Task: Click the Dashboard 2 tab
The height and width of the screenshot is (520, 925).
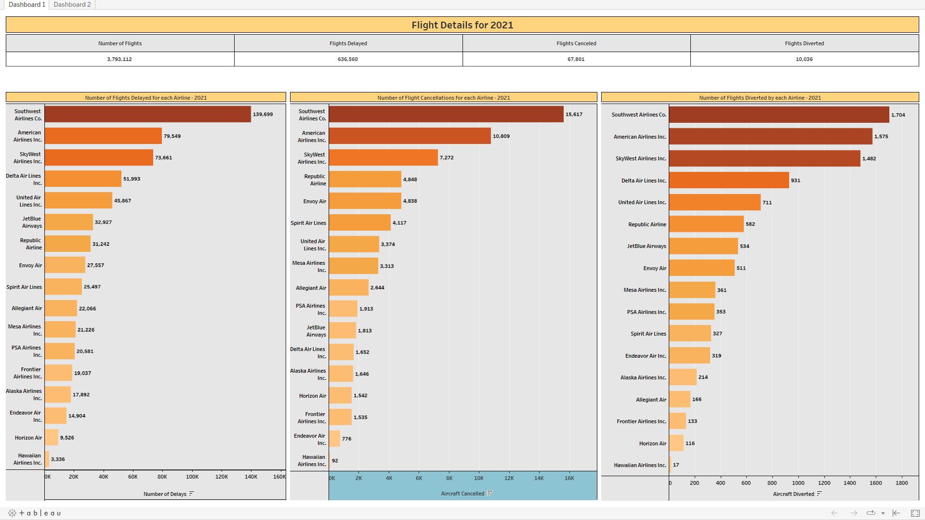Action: click(x=72, y=4)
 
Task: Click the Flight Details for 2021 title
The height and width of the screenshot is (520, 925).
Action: click(x=462, y=25)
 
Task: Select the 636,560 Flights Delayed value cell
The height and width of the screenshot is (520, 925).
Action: click(x=348, y=59)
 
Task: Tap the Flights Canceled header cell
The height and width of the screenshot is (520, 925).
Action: click(x=576, y=43)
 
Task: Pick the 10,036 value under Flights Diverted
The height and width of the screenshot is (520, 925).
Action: click(x=804, y=59)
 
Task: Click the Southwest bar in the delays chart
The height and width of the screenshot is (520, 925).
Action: click(x=147, y=115)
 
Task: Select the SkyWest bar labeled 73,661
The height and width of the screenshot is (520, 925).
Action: click(x=99, y=157)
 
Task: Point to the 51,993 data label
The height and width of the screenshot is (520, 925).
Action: click(x=132, y=179)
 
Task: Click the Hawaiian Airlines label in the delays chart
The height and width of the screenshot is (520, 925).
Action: click(x=28, y=459)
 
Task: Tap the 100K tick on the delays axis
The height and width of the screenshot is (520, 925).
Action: click(x=192, y=477)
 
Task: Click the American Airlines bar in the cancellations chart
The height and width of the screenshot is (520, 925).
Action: click(x=410, y=136)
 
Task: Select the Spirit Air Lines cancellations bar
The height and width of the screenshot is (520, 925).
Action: click(x=359, y=223)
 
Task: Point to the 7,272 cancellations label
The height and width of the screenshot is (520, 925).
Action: click(x=447, y=158)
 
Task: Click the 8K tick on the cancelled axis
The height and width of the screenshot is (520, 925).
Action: click(x=449, y=479)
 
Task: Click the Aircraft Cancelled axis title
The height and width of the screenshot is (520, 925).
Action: click(x=462, y=494)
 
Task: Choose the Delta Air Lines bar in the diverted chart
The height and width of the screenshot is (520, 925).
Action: click(x=728, y=181)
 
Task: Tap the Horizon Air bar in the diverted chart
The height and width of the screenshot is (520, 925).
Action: click(x=676, y=443)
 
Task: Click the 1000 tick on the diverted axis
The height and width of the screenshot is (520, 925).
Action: click(x=798, y=483)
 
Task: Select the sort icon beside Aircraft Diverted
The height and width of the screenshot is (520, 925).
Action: click(x=819, y=494)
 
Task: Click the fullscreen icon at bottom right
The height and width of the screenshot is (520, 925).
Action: click(x=915, y=513)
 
